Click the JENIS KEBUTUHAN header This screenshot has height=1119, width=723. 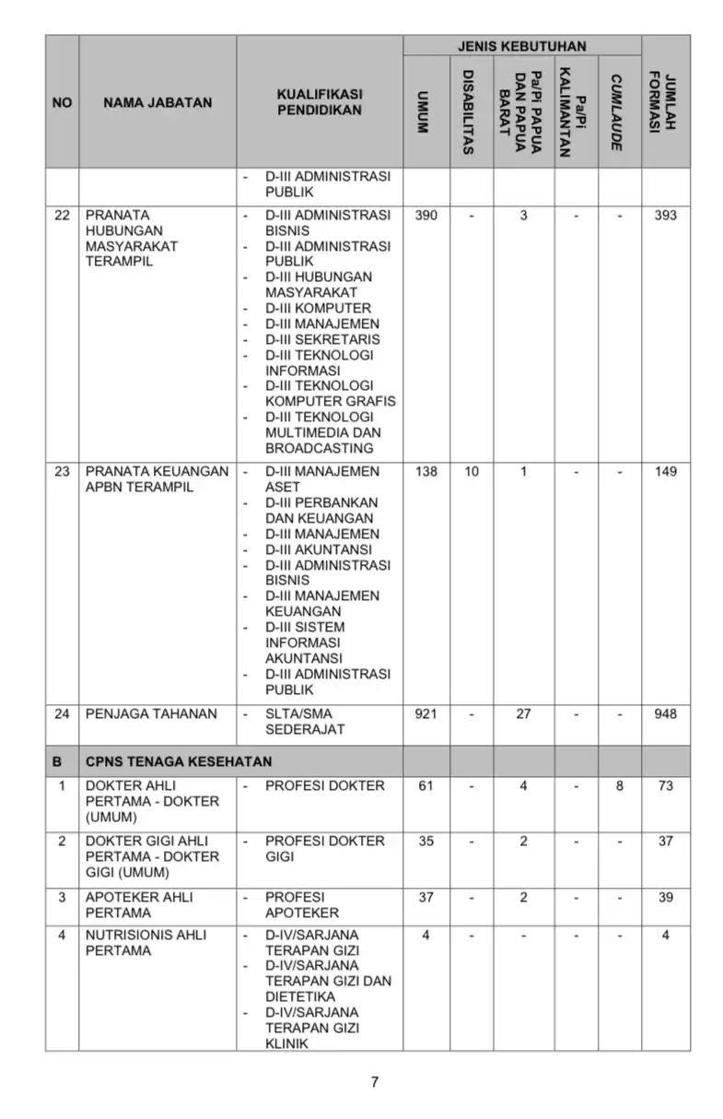pos(521,46)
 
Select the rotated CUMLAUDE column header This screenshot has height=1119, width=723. pos(616,112)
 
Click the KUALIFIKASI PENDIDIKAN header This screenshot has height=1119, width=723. pos(319,102)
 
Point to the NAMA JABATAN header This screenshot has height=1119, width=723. pos(157,102)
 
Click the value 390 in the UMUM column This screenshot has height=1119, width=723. pos(426,216)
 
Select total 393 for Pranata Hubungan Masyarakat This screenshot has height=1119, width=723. pos(664,216)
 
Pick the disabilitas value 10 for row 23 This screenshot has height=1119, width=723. pos(472,472)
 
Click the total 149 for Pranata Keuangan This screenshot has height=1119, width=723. pos(664,472)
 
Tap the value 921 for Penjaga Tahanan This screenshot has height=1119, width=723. pos(426,714)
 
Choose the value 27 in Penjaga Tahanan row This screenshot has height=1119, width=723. pos(523,714)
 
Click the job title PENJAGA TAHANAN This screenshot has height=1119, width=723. pos(151,714)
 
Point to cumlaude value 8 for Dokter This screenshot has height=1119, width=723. pos(619,786)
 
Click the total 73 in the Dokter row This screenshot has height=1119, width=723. pos(665,786)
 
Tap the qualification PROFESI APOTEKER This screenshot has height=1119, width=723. pos(302,905)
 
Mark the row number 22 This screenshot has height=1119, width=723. pos(62,216)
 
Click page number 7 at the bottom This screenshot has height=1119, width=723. pos(374,1082)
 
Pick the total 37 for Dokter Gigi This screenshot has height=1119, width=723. pos(665,842)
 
